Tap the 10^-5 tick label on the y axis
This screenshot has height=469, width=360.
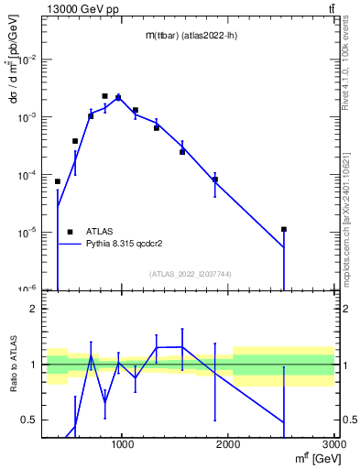coord(29,232)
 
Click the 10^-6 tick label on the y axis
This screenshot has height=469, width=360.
coord(29,289)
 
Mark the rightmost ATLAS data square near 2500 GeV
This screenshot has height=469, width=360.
coord(284,229)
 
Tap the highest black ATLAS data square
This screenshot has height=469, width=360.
coord(104,95)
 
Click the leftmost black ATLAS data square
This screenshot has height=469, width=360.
coord(58,181)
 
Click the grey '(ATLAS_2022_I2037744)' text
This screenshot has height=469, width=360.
coord(191,274)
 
